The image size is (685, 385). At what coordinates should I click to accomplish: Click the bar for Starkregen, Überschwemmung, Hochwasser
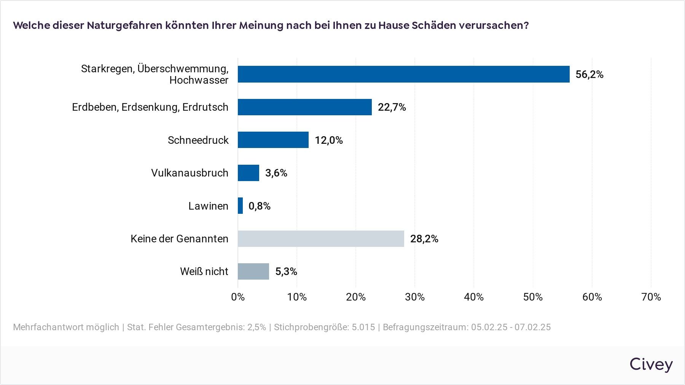[403, 74]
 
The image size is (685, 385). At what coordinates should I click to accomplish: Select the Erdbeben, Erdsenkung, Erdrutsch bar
[304, 107]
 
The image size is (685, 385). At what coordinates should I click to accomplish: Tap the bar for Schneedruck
[273, 140]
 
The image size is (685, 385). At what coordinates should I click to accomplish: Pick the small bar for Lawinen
[241, 206]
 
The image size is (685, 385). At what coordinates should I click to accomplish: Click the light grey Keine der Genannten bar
[321, 239]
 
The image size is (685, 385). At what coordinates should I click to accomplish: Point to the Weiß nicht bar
[253, 271]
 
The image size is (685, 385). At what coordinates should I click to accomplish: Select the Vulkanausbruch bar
[248, 173]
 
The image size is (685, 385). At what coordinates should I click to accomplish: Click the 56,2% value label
[589, 74]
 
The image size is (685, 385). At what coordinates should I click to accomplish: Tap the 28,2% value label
[424, 239]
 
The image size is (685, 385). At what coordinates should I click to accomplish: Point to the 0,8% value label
[259, 206]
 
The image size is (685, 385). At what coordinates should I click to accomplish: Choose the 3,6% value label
[276, 173]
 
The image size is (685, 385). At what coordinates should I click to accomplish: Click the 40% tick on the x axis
[474, 297]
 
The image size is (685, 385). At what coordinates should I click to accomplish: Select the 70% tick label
[651, 297]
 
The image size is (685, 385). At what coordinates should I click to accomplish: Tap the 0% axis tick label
[238, 297]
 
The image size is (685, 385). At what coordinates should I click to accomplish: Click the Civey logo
[651, 364]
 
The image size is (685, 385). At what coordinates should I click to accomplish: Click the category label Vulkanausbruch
[190, 173]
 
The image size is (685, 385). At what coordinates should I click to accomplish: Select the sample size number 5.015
[363, 327]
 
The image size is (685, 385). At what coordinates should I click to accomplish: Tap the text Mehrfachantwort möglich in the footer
[66, 327]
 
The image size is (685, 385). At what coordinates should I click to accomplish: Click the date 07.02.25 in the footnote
[532, 327]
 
